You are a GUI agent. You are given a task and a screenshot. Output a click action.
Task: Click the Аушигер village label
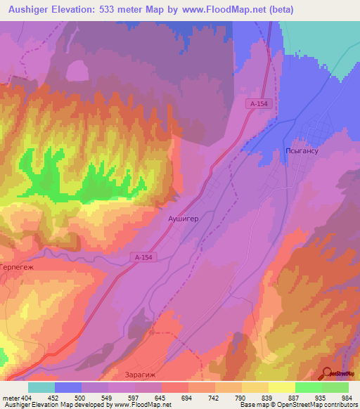[x=184, y=219]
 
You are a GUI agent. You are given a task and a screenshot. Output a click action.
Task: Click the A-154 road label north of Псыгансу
[x=258, y=103]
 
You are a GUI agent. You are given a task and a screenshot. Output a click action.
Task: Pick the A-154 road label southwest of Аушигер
[x=143, y=257]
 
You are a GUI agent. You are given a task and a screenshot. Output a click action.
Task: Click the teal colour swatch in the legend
[x=41, y=387]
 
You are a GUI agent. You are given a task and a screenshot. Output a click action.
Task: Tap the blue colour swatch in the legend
[x=68, y=387]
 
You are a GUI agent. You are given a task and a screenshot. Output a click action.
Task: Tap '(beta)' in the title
[x=278, y=9]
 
